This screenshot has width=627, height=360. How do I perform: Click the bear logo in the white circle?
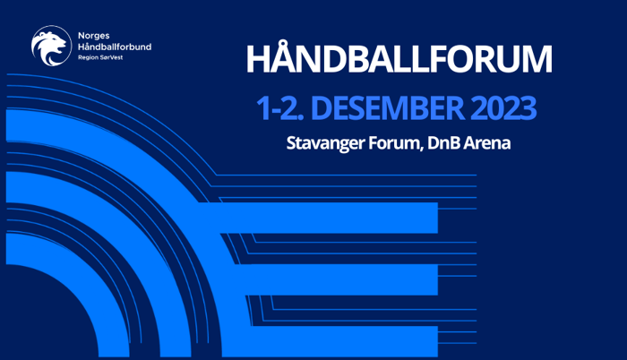(x=50, y=46)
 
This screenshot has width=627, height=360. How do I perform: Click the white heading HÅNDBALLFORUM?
(x=399, y=61)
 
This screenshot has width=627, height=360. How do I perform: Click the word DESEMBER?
(x=384, y=109)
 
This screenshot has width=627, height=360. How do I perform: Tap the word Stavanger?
(x=324, y=143)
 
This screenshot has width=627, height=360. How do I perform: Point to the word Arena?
(x=488, y=143)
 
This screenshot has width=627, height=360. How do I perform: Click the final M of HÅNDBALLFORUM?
(x=534, y=61)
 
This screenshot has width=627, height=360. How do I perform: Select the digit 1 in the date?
(x=262, y=109)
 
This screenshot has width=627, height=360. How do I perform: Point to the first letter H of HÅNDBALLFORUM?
(x=258, y=61)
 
